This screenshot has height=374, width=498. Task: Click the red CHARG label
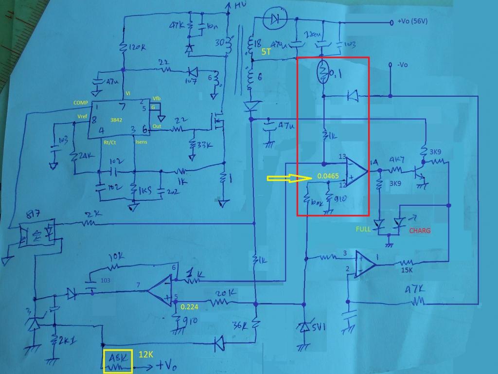(x=420, y=231)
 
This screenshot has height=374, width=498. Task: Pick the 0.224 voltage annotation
(x=189, y=307)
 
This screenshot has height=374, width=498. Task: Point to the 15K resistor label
(x=407, y=271)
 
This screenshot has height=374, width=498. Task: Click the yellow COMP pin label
(x=81, y=103)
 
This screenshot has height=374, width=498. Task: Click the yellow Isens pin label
(x=142, y=142)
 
